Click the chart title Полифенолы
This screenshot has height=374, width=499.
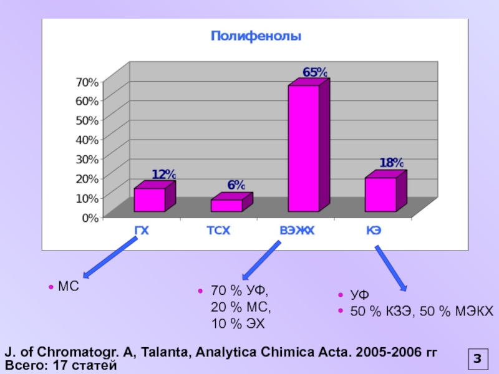tap(256, 37)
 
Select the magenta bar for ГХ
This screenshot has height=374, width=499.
tap(150, 200)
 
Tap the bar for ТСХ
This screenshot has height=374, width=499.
tap(226, 206)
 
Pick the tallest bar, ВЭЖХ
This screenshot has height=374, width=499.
tap(304, 148)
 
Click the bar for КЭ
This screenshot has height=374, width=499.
tap(380, 194)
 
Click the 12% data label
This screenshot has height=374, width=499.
tap(163, 175)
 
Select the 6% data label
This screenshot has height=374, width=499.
tap(236, 185)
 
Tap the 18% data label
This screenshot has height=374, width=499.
tap(392, 163)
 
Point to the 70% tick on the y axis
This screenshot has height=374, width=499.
tap(87, 82)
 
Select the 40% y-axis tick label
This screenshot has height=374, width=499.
tap(87, 138)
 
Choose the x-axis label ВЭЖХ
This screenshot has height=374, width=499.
tap(297, 231)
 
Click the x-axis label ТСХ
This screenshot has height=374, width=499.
tap(219, 231)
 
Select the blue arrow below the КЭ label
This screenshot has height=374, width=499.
tap(391, 269)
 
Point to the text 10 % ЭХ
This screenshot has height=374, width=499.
tap(238, 324)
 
